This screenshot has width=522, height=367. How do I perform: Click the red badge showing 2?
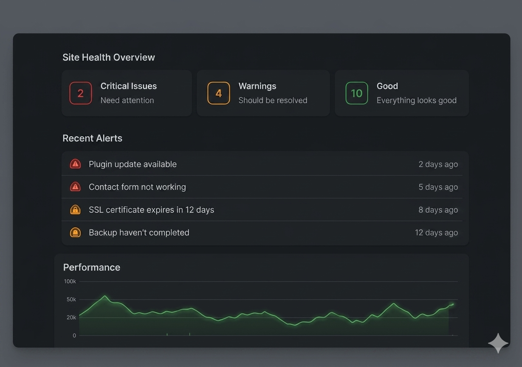point(81,93)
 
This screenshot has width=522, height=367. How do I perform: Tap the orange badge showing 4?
point(219,93)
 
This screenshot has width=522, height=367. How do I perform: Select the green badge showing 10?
point(357,93)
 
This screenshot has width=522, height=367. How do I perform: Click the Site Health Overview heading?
point(109,57)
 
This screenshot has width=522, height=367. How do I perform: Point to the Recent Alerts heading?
point(92,138)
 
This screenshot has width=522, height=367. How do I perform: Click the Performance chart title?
point(92,267)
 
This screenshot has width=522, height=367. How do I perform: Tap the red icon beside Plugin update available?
point(75,164)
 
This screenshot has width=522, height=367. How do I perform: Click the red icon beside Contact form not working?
point(75,186)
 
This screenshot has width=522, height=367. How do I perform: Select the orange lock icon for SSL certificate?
point(75,209)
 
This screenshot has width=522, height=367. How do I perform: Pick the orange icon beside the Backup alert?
point(75,232)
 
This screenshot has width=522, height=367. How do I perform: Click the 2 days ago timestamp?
point(438,164)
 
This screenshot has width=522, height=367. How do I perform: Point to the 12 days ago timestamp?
point(436,232)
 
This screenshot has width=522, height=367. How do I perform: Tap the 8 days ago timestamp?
point(438,210)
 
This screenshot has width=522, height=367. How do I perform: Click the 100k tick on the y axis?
point(70,282)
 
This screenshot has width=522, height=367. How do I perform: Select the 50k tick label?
point(71,299)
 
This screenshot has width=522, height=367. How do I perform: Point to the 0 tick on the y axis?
point(74,336)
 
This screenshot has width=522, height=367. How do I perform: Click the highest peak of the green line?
point(105,296)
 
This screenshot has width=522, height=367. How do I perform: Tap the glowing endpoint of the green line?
point(452,304)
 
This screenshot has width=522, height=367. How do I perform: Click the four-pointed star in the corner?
point(498,343)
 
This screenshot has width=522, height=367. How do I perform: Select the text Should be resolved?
point(273,100)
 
